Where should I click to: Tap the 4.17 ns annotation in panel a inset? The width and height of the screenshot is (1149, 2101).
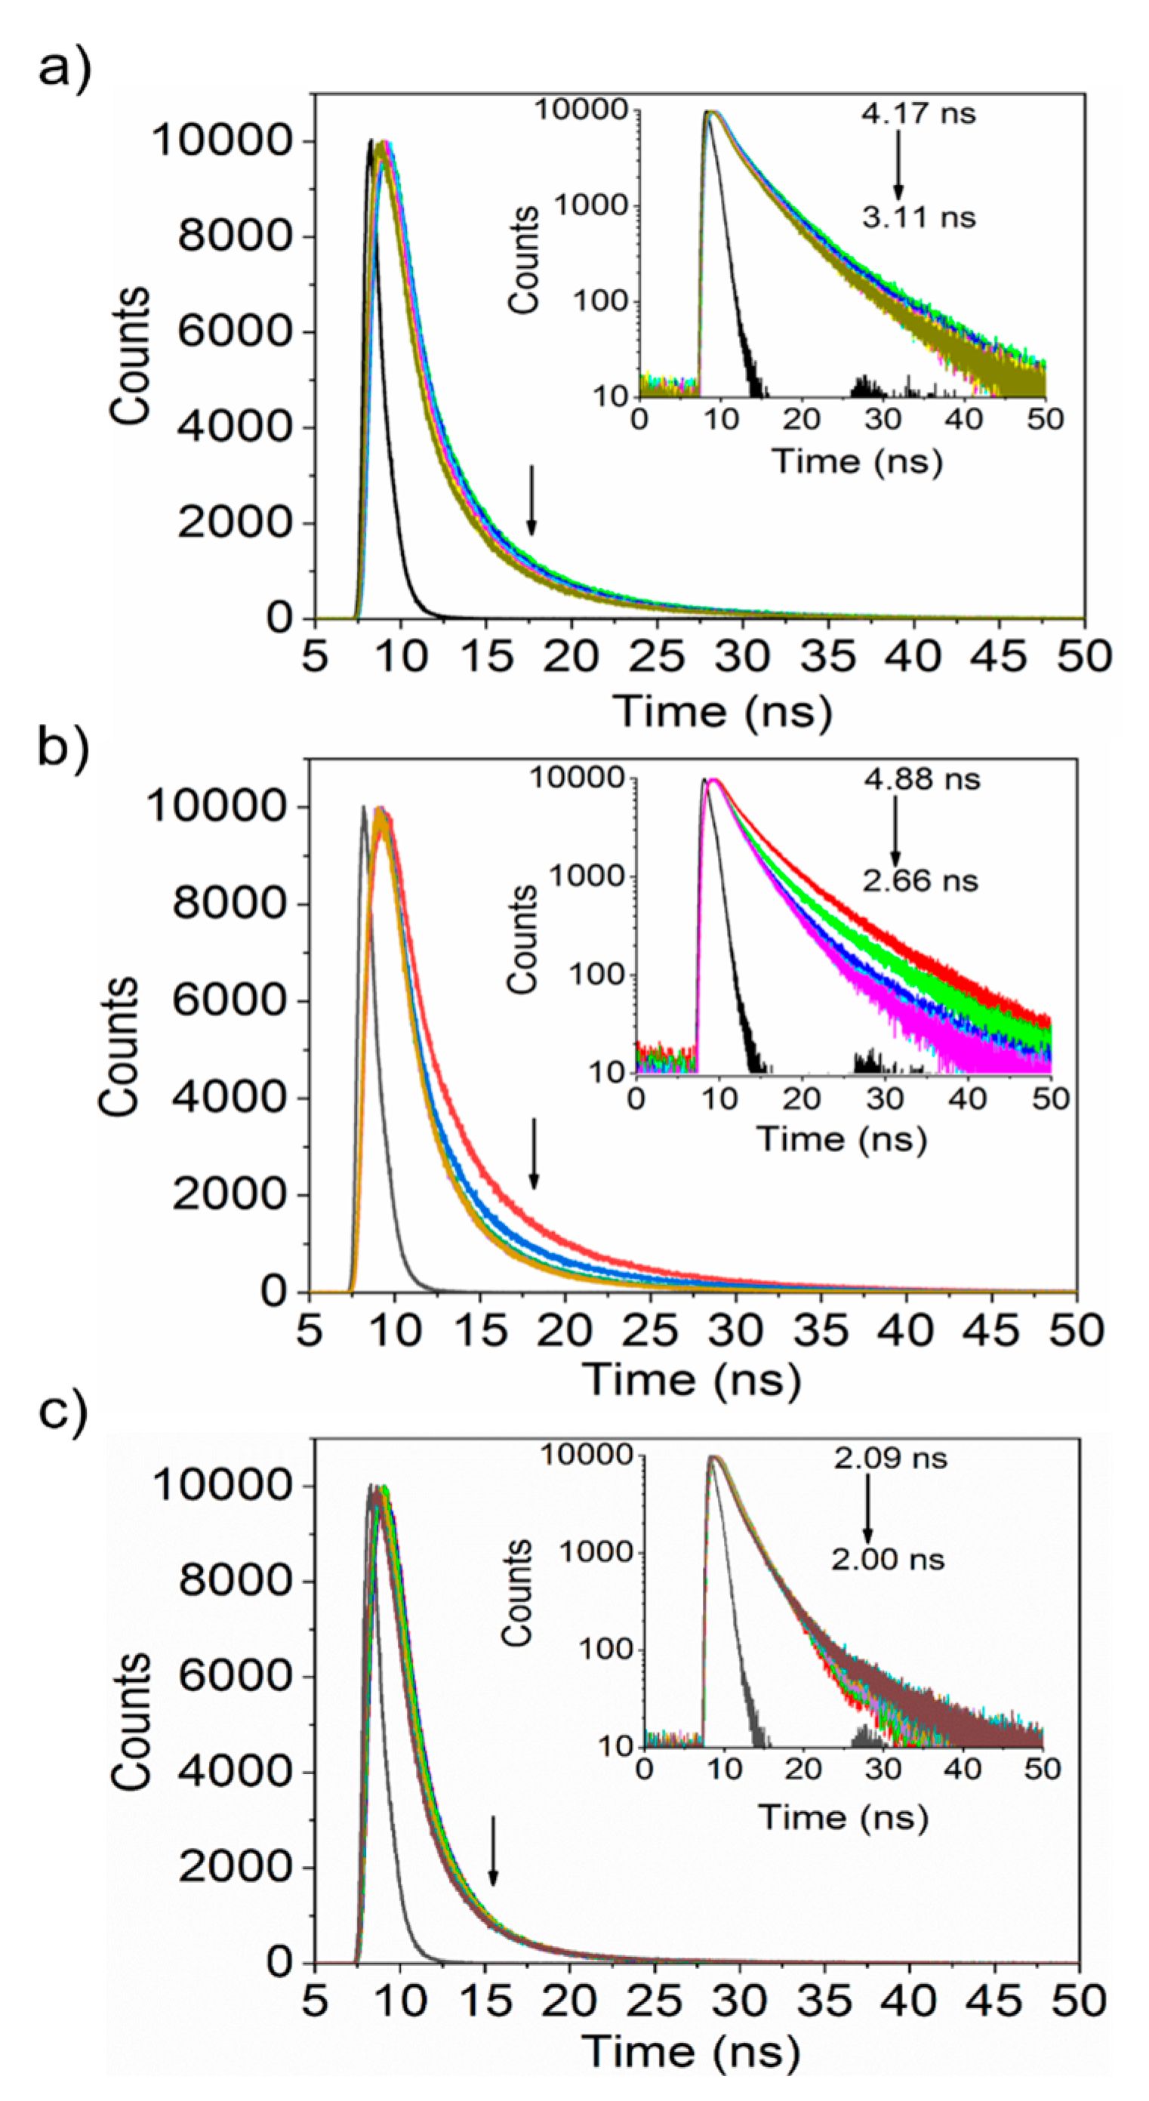coord(918,112)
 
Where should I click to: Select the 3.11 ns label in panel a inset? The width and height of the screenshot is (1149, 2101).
coord(918,217)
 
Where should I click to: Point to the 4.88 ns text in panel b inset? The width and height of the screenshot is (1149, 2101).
coord(923,779)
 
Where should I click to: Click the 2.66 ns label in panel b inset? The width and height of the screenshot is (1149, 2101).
coord(920,881)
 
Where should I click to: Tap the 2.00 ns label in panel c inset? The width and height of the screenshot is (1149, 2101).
coord(888,1560)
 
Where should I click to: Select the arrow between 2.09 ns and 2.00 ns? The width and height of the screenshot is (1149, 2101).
coord(867,1509)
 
